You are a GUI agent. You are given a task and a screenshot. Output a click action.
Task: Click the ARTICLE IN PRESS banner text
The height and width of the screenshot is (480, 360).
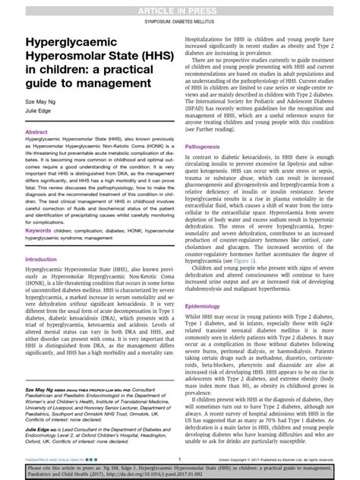coord(180,8)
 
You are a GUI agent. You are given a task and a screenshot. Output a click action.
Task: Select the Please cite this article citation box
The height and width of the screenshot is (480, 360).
coord(180,471)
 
